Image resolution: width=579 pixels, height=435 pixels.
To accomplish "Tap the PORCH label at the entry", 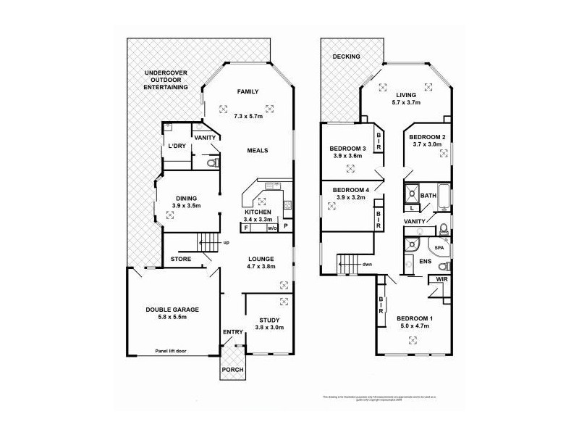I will [233, 370].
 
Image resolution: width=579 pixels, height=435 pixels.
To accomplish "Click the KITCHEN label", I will [258, 212].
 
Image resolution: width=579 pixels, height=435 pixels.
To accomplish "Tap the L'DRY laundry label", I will [177, 146].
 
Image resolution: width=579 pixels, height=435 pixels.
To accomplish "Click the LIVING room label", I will [405, 94].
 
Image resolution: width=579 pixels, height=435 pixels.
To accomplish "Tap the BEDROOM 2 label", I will [426, 137].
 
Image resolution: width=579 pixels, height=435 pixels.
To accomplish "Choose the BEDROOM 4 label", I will [350, 190].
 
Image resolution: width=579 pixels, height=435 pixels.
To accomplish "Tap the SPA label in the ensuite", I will [439, 247].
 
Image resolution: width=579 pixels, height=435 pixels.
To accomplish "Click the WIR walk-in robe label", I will [441, 278].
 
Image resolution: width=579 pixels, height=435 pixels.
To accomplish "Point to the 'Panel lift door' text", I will [171, 351].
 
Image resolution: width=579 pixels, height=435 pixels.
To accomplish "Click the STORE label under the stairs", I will [180, 258].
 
